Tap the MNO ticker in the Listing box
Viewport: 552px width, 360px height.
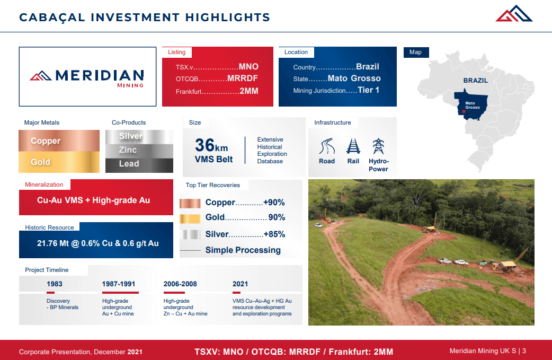(x=248, y=67)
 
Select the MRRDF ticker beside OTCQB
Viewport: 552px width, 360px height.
(x=243, y=78)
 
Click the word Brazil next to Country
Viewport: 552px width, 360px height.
(x=368, y=67)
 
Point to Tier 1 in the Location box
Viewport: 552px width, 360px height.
(x=369, y=90)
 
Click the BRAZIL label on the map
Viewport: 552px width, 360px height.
(x=475, y=81)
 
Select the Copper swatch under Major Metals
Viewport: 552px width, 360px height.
(x=59, y=141)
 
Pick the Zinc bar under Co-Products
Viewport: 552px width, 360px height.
(x=139, y=150)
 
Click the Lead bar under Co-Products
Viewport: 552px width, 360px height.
(x=139, y=164)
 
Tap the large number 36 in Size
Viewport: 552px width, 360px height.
(x=204, y=145)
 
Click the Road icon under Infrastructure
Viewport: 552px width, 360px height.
(x=327, y=146)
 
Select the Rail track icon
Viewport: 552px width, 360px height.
(x=353, y=146)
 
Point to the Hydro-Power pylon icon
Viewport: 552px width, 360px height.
(x=378, y=146)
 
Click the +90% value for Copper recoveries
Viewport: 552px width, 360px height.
(x=274, y=203)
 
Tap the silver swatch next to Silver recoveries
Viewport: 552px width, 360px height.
(x=189, y=234)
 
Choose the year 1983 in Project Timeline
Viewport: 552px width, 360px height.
(x=55, y=284)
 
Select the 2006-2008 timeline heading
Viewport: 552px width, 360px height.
(x=180, y=284)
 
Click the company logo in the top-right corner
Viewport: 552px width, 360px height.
(x=513, y=14)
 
